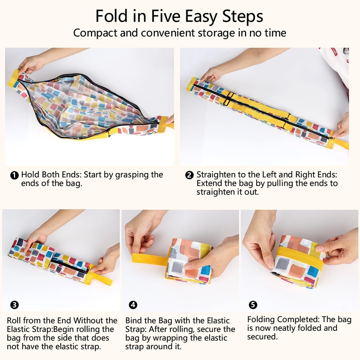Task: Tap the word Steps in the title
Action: coord(243,17)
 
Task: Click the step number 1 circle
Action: coord(14,175)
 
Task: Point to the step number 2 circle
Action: coord(189,175)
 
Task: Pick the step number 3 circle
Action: coord(14,305)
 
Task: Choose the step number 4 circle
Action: coord(133,305)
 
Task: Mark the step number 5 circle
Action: coord(253,305)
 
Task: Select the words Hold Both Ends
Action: coord(51,175)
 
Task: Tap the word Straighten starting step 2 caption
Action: coord(216,175)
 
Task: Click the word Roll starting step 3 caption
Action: coord(14,321)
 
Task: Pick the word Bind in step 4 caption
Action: coord(133,321)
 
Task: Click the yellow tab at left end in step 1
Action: coord(13,78)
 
